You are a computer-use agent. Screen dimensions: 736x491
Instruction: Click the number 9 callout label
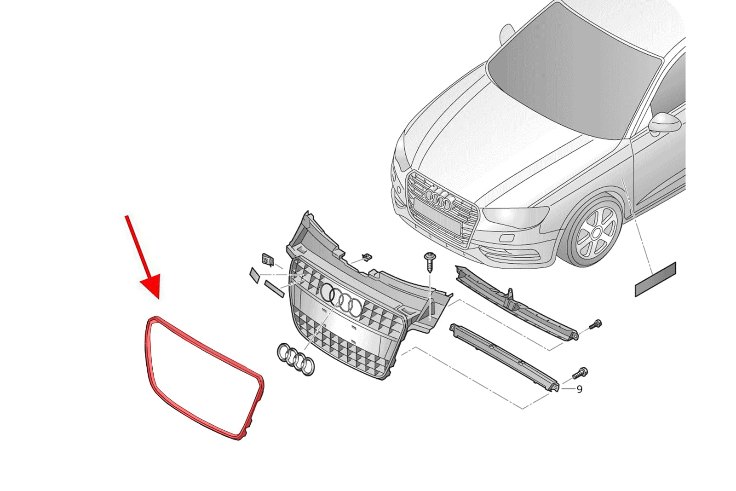[x=579, y=389]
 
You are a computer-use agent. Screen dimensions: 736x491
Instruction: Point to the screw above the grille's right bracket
[x=430, y=262]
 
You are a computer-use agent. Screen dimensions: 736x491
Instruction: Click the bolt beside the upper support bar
[x=595, y=324]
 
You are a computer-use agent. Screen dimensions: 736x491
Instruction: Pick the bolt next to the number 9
[x=580, y=373]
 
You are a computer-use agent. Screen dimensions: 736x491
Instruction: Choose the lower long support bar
[x=504, y=358]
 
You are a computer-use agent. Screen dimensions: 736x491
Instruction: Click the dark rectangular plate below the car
[x=655, y=279]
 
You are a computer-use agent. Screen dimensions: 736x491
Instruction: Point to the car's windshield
[x=572, y=71]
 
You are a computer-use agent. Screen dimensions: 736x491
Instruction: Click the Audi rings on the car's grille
[x=438, y=198]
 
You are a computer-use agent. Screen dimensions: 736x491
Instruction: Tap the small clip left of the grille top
[x=268, y=260]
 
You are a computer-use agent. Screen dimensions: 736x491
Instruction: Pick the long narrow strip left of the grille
[x=274, y=289]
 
